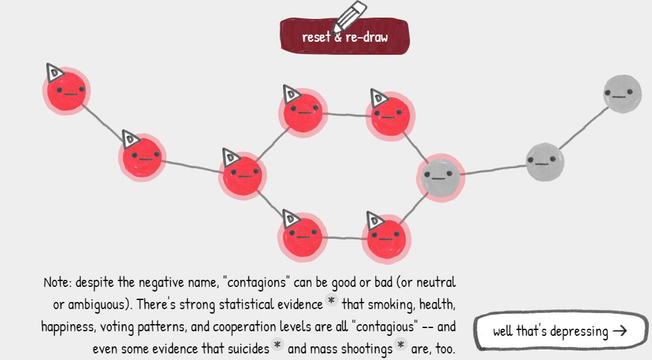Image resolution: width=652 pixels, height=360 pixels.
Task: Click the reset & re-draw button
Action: [344, 37]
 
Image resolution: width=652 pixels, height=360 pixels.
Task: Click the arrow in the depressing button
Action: [619, 331]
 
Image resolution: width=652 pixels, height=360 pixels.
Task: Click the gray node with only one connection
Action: [621, 93]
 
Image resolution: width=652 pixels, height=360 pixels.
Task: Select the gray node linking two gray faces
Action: [544, 160]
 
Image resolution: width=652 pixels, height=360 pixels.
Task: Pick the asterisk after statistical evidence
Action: [332, 303]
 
